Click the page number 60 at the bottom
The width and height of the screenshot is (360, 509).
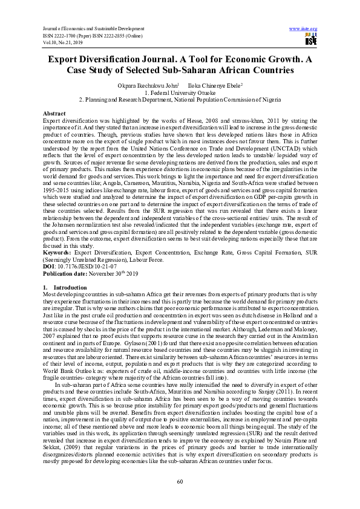(180, 481)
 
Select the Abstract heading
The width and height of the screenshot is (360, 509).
(55, 114)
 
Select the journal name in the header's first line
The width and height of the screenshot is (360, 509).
(82, 28)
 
